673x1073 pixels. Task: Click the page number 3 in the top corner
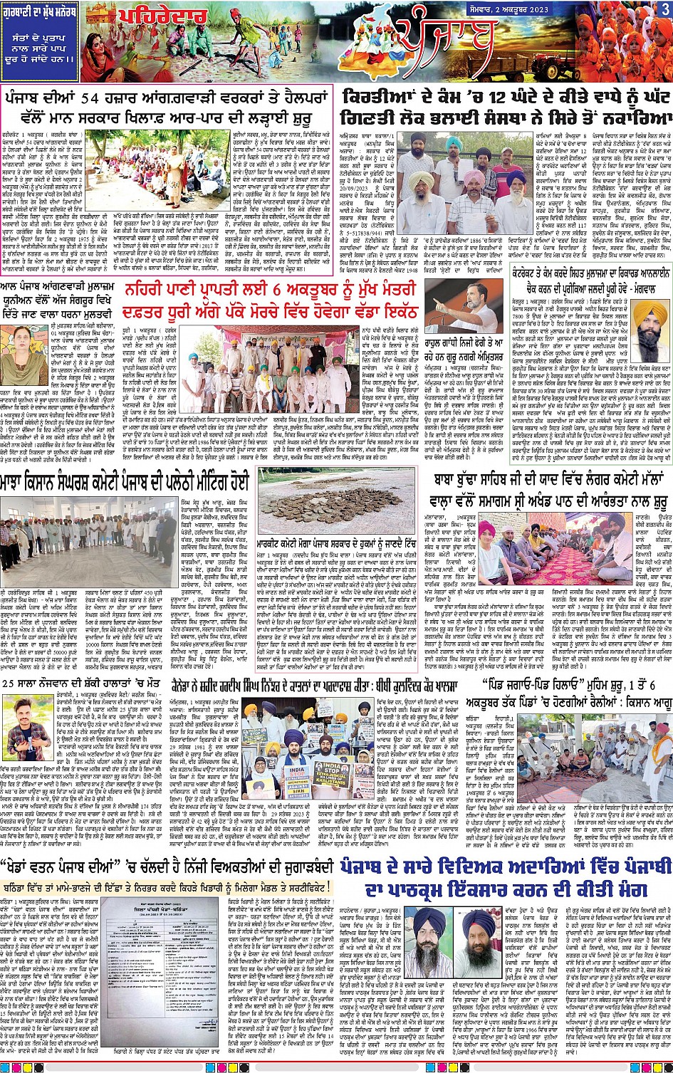[664, 9]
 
